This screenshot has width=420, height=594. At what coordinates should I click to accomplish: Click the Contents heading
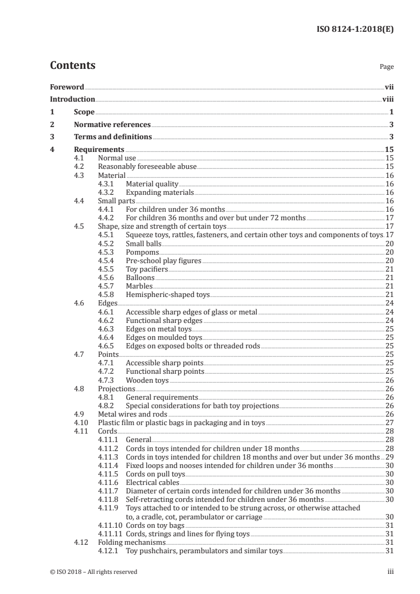tap(73, 66)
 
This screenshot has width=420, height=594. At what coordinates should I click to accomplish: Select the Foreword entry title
tap(67, 87)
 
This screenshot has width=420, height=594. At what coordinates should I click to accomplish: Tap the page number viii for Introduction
tap(388, 99)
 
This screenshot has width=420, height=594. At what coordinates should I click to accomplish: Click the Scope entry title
tap(84, 112)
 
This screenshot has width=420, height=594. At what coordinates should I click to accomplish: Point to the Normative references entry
tap(112, 125)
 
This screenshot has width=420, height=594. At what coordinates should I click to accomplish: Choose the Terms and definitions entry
tap(113, 137)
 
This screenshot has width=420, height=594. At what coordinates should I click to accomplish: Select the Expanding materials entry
tap(159, 192)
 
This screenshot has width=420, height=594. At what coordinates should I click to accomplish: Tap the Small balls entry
tap(142, 244)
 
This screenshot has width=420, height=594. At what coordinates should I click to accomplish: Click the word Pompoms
tap(142, 252)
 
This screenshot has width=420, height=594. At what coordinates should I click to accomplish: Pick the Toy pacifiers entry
tap(147, 269)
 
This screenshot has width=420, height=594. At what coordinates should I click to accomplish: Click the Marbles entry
tap(139, 286)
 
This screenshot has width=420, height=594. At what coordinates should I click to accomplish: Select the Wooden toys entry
tap(147, 380)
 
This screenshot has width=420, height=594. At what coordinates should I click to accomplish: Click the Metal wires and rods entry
tap(132, 414)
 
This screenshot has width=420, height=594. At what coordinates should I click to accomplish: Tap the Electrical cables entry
tap(152, 482)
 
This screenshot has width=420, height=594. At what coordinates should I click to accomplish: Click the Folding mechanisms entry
tap(132, 542)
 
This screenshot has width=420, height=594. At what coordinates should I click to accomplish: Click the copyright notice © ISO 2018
tap(93, 572)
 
